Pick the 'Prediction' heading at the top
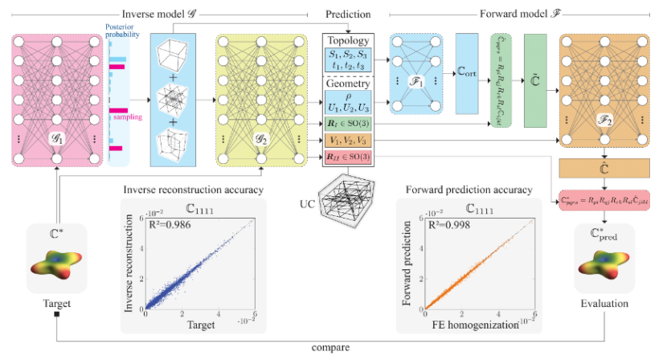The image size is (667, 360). coord(348,14)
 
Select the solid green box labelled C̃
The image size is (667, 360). coord(535,80)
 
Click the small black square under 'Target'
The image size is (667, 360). coord(57,314)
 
